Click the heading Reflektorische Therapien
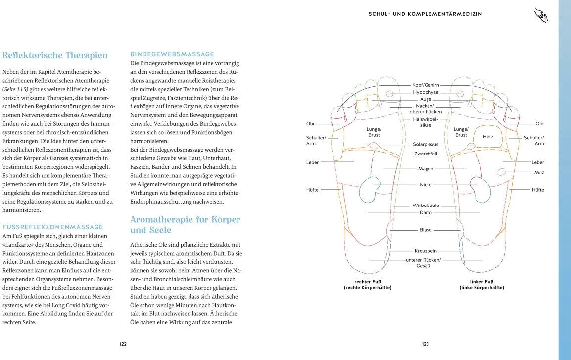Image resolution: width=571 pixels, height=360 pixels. [x=55, y=55]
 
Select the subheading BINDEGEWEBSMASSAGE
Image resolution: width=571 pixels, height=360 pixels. [x=172, y=54]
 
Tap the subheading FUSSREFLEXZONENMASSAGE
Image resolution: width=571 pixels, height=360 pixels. [x=53, y=227]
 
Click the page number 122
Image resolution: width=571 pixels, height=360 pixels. [x=123, y=344]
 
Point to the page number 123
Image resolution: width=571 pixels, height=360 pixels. [x=425, y=344]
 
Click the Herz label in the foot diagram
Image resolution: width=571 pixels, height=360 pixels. [x=488, y=136]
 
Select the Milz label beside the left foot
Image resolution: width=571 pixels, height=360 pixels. [x=539, y=172]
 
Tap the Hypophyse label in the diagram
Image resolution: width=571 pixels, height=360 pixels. [x=426, y=92]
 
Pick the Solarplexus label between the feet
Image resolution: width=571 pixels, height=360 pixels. [x=426, y=145]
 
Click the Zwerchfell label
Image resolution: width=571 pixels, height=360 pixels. [x=426, y=154]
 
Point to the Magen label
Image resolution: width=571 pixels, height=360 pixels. [x=426, y=169]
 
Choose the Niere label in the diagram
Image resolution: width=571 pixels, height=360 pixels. [x=426, y=185]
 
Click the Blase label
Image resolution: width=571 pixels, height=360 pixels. [x=426, y=230]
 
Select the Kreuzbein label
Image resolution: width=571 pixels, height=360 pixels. [x=426, y=251]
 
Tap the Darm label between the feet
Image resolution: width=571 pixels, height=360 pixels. [x=426, y=213]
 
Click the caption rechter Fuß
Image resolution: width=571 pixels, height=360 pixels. [x=368, y=284]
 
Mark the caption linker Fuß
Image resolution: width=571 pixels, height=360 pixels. [x=481, y=284]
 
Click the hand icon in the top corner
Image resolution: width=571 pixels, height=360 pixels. [x=541, y=15]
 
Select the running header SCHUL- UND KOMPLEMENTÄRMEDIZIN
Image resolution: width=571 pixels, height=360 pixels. [x=425, y=14]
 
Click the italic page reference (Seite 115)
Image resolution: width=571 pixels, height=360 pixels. [x=16, y=89]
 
